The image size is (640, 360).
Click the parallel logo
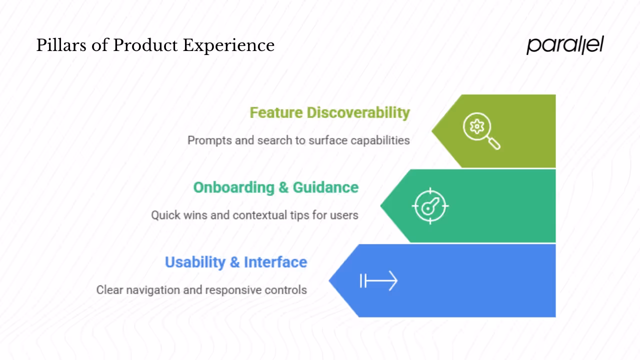[565, 45]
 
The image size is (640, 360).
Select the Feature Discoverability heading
[329, 112]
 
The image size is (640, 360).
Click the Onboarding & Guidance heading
[275, 187]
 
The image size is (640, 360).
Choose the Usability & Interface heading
[235, 262]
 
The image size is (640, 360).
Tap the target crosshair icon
[430, 206]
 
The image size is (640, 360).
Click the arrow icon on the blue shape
[378, 281]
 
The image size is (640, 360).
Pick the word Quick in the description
[165, 215]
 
